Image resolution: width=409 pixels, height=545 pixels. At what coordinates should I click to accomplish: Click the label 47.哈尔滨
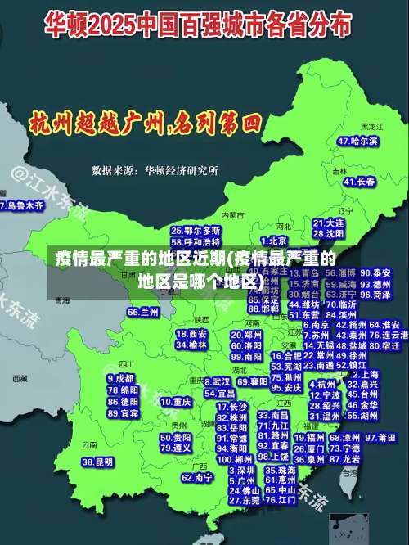tap(357, 142)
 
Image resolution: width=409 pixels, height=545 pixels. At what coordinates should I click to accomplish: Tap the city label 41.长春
tap(356, 182)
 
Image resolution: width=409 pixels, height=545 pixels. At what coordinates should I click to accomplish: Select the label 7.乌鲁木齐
tap(22, 206)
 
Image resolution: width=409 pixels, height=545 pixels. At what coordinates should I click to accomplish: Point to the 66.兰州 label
tap(143, 313)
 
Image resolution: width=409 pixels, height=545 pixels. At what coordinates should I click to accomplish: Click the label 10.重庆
tap(176, 403)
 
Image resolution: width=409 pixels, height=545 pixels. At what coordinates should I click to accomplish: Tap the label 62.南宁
tap(197, 477)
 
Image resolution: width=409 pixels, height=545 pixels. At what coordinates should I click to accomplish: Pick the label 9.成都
tap(120, 379)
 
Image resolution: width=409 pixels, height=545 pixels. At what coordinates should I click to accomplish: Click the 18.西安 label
tap(192, 334)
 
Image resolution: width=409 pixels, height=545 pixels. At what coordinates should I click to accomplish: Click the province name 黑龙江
tap(372, 127)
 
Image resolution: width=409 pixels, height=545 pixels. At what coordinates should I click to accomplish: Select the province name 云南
tap(89, 444)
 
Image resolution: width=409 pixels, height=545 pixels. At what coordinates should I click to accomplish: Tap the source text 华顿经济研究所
tap(182, 170)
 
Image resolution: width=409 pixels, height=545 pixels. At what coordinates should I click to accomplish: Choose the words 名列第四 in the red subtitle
tap(217, 124)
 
